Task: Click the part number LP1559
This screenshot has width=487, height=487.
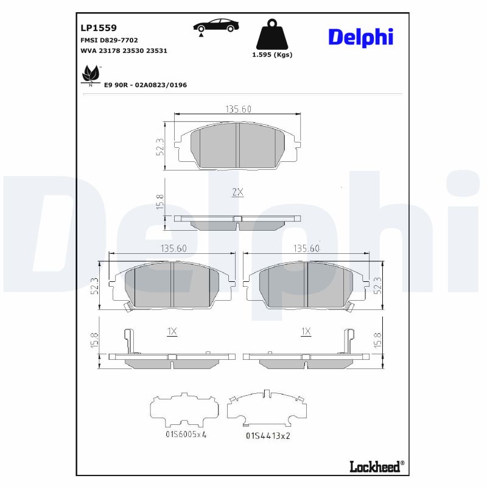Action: (x=99, y=28)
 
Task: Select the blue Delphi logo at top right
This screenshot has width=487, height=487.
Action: (x=360, y=37)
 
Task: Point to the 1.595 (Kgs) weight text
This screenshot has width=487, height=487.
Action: (x=272, y=55)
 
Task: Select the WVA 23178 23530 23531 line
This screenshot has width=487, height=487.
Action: (x=124, y=51)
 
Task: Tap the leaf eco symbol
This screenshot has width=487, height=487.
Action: (x=91, y=75)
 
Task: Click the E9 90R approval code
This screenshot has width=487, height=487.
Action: (x=145, y=85)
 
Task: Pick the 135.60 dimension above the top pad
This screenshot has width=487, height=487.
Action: (x=238, y=109)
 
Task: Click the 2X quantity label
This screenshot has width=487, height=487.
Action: (x=237, y=192)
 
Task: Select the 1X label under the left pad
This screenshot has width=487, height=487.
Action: (x=172, y=332)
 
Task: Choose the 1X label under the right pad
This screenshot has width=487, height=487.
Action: (x=306, y=332)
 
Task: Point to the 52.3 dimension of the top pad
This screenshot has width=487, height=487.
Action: (x=160, y=147)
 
